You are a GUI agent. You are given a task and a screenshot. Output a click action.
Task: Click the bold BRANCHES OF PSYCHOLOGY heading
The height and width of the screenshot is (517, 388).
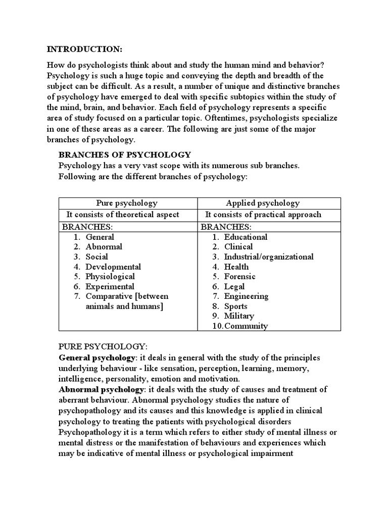[125, 154]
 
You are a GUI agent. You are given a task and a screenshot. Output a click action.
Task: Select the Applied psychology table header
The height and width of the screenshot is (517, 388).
[263, 203]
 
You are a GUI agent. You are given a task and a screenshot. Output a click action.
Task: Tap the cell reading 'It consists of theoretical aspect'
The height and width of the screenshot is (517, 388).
[127, 215]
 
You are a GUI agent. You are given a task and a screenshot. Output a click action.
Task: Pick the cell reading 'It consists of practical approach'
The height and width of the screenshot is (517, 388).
[263, 215]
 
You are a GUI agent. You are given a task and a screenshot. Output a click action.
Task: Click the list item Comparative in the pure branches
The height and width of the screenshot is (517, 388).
[127, 296]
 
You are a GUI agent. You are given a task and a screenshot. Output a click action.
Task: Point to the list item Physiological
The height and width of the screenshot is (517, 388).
[110, 277]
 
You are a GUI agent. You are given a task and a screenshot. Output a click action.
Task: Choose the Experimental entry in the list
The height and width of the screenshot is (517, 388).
[110, 286]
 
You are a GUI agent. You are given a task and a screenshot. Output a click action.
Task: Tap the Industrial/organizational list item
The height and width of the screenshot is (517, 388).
[269, 257]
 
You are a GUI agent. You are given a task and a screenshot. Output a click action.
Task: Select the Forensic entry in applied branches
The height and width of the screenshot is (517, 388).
[240, 277]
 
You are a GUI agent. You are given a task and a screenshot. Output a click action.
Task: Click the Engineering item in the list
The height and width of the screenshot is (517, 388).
[246, 296]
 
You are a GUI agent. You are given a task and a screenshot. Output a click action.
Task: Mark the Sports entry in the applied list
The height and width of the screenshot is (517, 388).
[236, 306]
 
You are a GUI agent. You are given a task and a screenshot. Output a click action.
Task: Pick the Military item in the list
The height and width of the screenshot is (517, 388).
[239, 316]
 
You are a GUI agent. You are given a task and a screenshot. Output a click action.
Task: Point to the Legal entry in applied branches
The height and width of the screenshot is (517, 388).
[234, 286]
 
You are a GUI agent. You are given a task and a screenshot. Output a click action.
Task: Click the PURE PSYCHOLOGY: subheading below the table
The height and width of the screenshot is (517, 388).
[103, 347]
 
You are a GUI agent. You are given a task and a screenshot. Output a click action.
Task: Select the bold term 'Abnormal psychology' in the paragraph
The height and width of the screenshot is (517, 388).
[101, 389]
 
